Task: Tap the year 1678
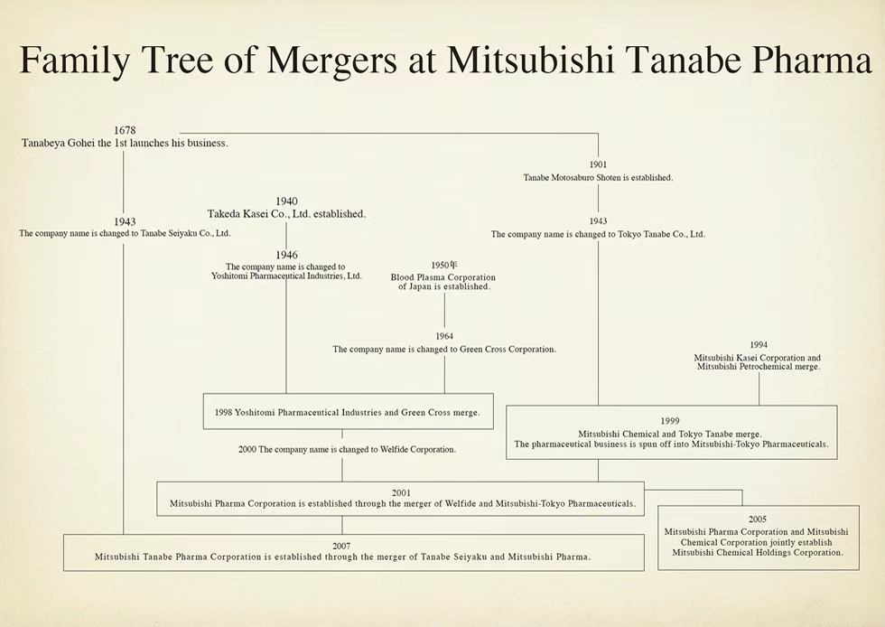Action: (125, 131)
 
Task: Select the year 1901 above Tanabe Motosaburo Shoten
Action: (598, 165)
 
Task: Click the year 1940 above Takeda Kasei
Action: (286, 201)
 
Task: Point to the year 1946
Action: (286, 255)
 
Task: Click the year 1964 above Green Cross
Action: (444, 337)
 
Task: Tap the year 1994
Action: (759, 345)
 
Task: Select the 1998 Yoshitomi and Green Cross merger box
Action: (348, 412)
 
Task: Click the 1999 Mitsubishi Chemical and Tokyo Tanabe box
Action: (670, 433)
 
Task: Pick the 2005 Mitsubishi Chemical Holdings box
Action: (758, 537)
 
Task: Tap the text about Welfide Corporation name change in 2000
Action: (347, 449)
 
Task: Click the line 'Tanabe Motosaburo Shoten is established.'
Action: (598, 178)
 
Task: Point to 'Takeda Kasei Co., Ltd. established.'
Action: (286, 214)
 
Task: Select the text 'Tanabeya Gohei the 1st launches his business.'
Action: (125, 143)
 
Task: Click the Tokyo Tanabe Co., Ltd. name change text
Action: (598, 234)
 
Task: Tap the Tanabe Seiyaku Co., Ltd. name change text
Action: (125, 233)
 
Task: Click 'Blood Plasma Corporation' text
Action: (443, 277)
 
